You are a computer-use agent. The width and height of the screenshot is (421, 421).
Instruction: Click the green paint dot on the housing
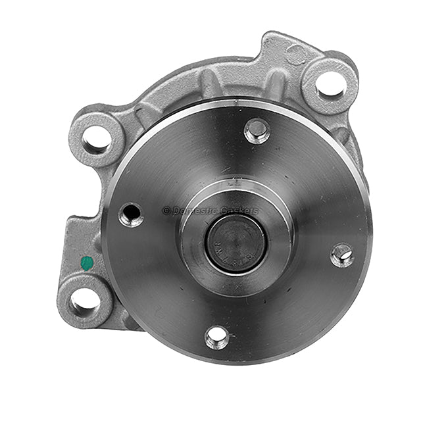tap(87, 263)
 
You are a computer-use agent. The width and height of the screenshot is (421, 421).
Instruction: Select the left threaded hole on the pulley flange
tap(131, 214)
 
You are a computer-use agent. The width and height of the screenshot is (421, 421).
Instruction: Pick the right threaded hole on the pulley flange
tap(341, 255)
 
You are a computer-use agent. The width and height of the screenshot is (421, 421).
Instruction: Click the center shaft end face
tap(236, 243)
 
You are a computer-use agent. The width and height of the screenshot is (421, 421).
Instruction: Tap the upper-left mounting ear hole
tap(97, 139)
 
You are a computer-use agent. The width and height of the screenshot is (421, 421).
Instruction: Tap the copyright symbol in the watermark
tap(166, 210)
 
